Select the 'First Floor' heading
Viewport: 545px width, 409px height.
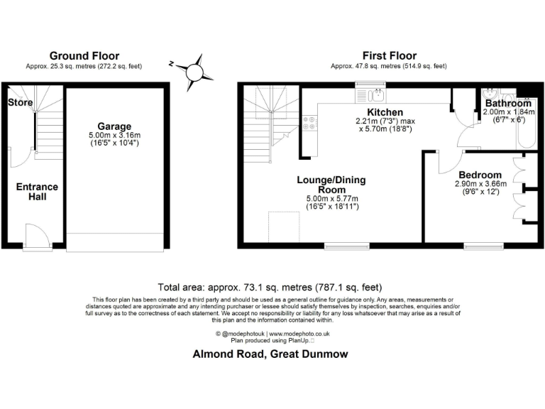389,55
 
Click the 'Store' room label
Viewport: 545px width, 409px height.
21,103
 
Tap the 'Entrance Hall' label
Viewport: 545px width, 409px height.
37,192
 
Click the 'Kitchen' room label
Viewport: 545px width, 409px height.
385,112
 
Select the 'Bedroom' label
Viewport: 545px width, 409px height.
480,175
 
